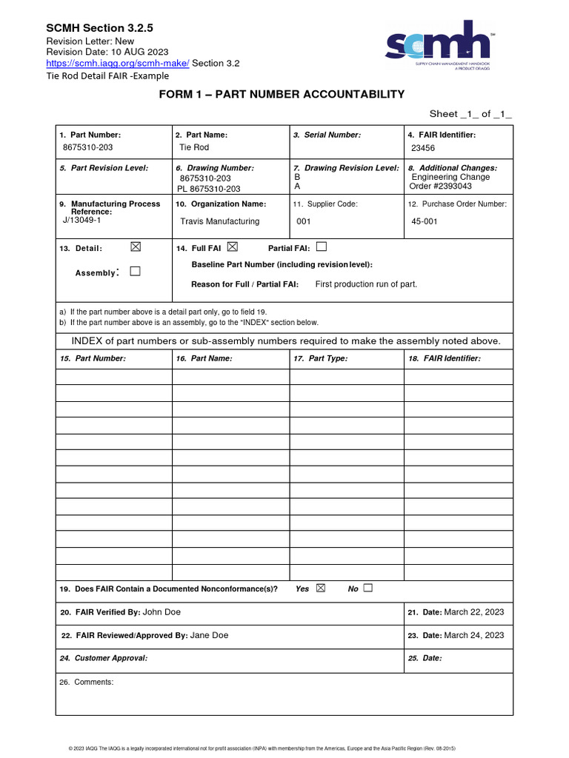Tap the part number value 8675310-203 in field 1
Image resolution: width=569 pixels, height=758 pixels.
87,147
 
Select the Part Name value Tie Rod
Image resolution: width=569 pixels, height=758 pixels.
194,147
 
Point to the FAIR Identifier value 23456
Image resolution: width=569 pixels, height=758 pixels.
423,148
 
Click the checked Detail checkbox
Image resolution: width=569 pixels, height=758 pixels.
135,247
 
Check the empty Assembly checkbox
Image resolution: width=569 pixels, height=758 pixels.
135,272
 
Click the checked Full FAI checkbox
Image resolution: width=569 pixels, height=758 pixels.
233,246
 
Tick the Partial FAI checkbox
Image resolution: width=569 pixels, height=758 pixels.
321,246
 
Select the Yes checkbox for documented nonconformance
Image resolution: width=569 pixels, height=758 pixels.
321,588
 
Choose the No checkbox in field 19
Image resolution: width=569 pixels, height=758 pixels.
368,588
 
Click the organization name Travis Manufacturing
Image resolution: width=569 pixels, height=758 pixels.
220,221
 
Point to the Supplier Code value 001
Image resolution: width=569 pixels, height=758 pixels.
304,221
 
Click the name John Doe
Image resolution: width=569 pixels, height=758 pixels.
162,612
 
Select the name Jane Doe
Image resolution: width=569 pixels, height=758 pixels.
209,635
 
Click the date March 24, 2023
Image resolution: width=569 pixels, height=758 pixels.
473,635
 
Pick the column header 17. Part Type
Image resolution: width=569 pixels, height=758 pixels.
321,358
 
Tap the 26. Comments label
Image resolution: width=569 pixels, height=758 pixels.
87,682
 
